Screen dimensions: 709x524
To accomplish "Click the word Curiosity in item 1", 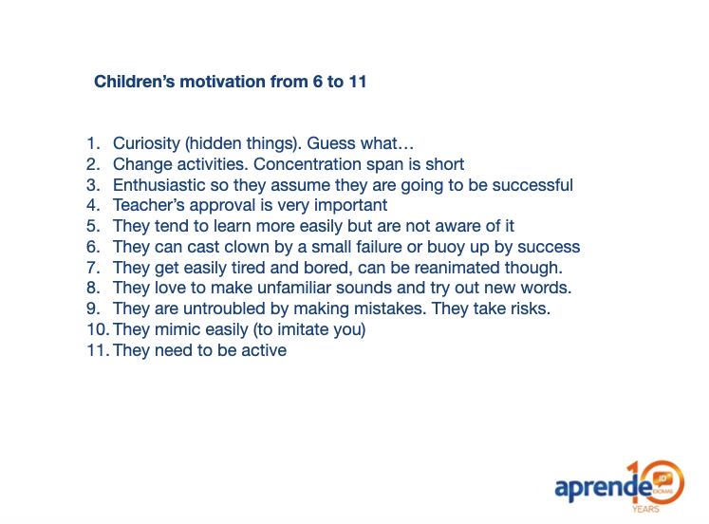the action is (146, 143).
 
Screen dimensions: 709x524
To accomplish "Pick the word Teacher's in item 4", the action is (149, 205).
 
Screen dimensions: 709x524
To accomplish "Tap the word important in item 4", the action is (351, 205).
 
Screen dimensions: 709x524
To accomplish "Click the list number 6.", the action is (93, 247).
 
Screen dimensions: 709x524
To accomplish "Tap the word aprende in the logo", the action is (604, 487).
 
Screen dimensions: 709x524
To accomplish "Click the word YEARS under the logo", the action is (645, 509).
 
